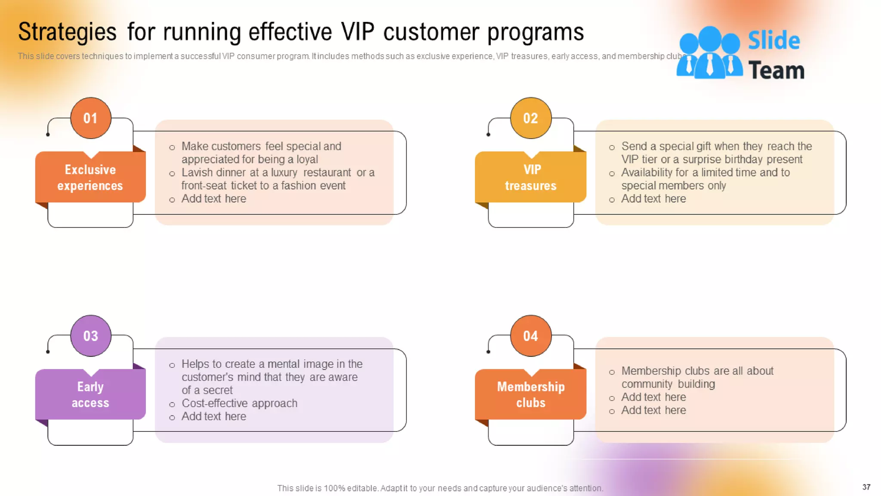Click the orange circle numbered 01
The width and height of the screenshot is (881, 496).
(x=90, y=118)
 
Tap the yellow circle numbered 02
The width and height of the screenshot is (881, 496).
(x=530, y=118)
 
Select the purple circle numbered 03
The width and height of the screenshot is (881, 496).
(x=90, y=336)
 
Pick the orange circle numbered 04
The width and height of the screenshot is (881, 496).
(x=530, y=336)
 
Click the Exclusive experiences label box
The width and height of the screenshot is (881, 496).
(x=90, y=177)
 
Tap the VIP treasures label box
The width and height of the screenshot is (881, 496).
(x=530, y=177)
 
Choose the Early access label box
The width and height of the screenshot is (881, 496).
(x=90, y=394)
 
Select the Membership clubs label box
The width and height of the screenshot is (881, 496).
(x=530, y=394)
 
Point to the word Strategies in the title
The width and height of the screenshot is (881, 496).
(x=67, y=33)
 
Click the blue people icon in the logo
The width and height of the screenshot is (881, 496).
(x=709, y=53)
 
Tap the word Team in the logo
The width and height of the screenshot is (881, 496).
(x=776, y=70)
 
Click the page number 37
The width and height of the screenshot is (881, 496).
(x=866, y=487)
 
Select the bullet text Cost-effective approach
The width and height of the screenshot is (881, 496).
(x=239, y=403)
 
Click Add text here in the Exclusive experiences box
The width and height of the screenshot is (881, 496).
(x=213, y=199)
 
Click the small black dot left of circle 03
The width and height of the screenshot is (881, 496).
(x=48, y=352)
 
